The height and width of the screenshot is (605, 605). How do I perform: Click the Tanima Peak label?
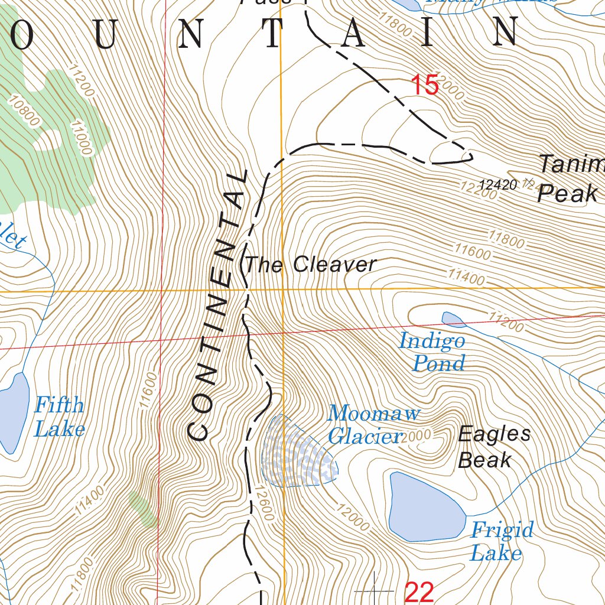(570, 178)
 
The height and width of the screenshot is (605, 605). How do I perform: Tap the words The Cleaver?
(310, 265)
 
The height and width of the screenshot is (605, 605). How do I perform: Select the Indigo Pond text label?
(432, 352)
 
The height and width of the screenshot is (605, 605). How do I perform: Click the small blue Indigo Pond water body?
(453, 320)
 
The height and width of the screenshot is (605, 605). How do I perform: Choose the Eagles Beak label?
(494, 447)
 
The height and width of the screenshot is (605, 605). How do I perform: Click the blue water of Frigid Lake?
(422, 507)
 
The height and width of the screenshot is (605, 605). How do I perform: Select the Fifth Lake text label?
(59, 417)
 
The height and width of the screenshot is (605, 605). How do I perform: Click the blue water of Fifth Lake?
(13, 412)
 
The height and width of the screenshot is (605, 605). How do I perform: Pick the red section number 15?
(424, 85)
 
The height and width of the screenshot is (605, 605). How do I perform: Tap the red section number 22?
(419, 591)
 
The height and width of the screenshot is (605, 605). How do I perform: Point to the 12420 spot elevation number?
(498, 185)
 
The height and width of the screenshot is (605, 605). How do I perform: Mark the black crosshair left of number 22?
(375, 590)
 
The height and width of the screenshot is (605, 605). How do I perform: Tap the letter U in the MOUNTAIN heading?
(104, 35)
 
